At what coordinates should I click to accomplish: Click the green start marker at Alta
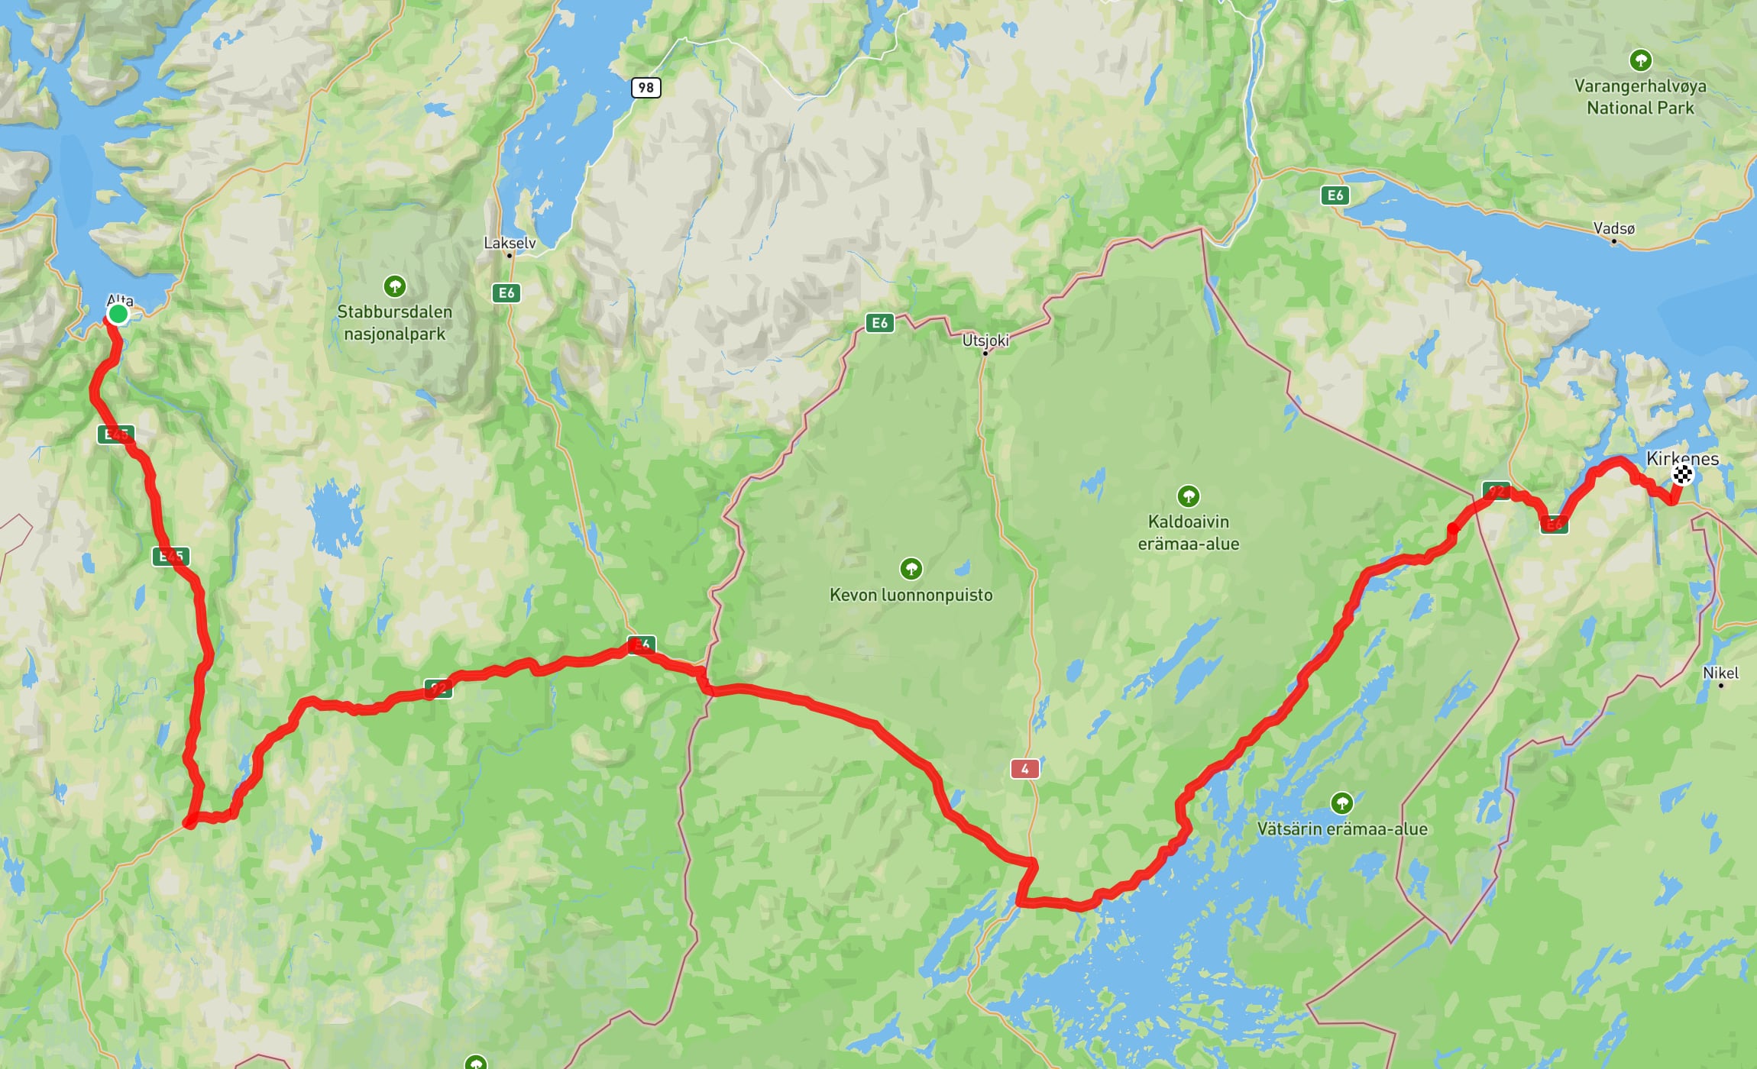(x=118, y=314)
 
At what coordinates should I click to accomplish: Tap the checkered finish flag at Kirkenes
(x=1682, y=475)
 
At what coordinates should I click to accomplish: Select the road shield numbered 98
(x=646, y=87)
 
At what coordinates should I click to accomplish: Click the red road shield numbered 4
(x=1024, y=769)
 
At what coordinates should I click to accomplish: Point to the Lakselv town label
(x=510, y=243)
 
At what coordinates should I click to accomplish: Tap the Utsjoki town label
(x=985, y=341)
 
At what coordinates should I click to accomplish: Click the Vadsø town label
(x=1613, y=228)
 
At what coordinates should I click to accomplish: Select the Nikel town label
(x=1720, y=673)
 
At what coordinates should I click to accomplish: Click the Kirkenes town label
(x=1682, y=458)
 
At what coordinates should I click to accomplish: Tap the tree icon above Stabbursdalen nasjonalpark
(x=394, y=286)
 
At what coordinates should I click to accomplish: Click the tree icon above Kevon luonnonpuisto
(x=911, y=568)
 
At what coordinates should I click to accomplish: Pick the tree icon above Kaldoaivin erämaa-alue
(x=1188, y=496)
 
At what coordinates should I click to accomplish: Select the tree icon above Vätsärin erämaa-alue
(x=1341, y=803)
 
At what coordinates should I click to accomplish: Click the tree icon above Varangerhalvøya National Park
(x=1640, y=60)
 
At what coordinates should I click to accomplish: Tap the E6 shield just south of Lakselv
(x=506, y=292)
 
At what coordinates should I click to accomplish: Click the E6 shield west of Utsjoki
(x=879, y=323)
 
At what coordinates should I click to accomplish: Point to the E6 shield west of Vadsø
(x=1335, y=195)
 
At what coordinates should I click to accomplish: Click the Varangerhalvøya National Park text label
(x=1639, y=97)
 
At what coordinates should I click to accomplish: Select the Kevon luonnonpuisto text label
(x=911, y=595)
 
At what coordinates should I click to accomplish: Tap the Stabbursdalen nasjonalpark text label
(x=394, y=323)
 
